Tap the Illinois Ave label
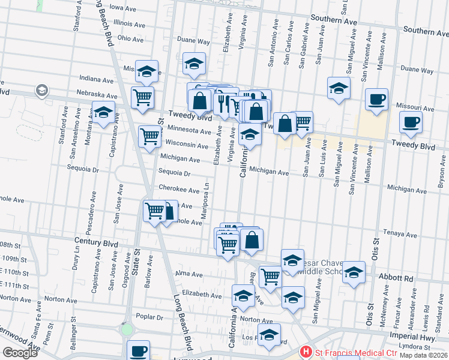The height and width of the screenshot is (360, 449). click(129, 25)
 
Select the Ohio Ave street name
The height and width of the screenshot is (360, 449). click(130, 39)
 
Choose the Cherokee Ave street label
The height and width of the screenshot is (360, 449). click(179, 190)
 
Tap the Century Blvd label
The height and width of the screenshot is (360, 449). click(95, 240)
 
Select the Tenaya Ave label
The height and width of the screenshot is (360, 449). click(400, 235)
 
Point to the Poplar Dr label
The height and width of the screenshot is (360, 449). click(150, 316)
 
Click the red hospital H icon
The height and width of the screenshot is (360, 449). click(306, 352)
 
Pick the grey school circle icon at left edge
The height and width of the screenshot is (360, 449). click(41, 91)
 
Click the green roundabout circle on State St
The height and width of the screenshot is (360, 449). click(126, 329)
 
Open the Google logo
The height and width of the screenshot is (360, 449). click(20, 353)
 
